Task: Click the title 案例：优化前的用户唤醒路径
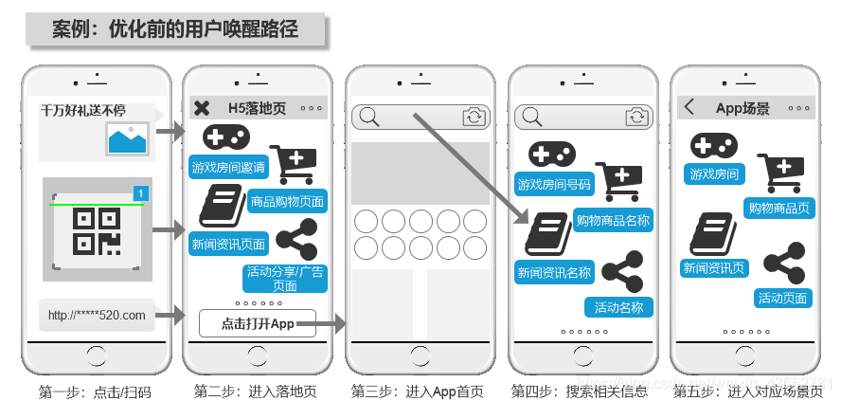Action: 175,29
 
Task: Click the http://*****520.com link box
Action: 97,315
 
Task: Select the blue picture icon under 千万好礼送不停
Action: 128,139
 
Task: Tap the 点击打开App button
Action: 258,323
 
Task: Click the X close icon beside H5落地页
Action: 202,108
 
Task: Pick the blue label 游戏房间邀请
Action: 228,168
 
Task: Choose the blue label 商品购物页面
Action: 287,201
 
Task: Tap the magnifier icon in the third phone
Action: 369,117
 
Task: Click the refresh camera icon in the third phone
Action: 473,117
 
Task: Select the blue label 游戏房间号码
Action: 554,184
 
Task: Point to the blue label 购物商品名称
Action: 614,221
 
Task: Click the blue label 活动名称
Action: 619,307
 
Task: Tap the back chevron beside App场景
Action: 689,107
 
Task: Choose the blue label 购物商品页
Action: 779,209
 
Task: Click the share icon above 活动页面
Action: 784,264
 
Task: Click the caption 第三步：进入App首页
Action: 418,390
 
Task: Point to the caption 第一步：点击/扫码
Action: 95,391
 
